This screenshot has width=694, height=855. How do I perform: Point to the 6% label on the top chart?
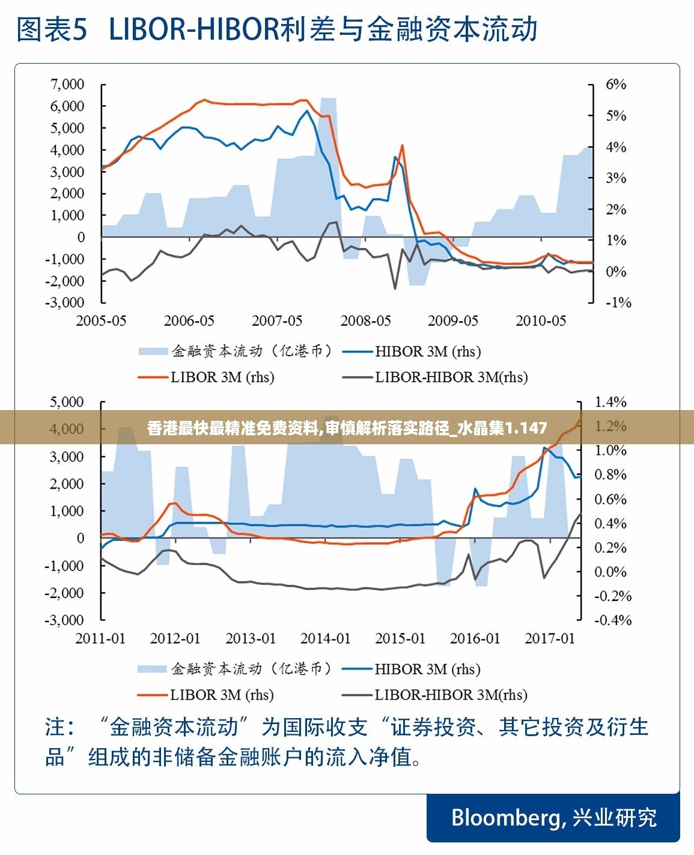[616, 84]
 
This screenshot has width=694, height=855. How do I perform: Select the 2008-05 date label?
[365, 321]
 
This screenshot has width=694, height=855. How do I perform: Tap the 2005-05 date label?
[101, 321]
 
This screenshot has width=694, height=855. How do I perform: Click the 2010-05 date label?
[541, 321]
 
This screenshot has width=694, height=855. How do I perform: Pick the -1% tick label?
[618, 302]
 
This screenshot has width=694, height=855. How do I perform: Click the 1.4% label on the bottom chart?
[610, 402]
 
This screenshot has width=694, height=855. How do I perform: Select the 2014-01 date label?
[325, 638]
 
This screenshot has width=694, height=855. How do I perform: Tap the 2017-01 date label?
[550, 638]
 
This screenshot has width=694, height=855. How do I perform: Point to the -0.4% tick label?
[613, 620]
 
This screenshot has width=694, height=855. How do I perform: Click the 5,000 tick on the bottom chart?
[67, 402]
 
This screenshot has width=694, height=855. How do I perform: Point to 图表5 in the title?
[53, 29]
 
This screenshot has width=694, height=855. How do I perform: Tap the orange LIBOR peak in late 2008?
[402, 145]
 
